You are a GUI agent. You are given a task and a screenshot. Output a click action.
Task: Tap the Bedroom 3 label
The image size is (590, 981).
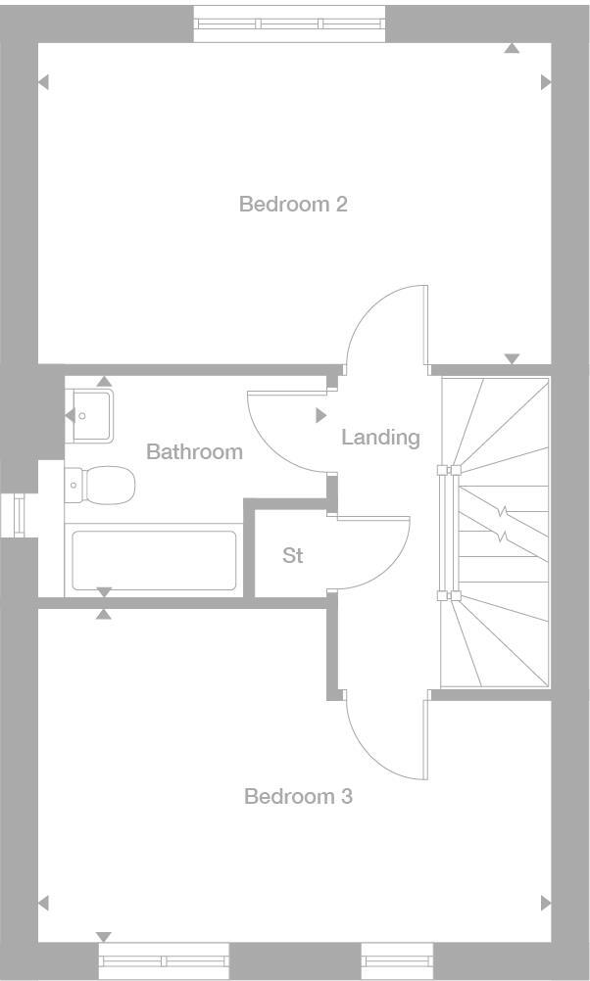[x=298, y=797]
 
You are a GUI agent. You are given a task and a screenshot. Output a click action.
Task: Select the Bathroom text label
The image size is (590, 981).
[x=194, y=452]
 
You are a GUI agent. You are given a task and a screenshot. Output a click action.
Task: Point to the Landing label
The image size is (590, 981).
[x=380, y=438]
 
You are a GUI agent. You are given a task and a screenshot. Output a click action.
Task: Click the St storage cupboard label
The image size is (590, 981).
[x=292, y=556]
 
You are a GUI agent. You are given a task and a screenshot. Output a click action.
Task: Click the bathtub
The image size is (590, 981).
[x=153, y=561]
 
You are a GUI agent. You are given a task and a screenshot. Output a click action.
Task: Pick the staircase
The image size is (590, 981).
[x=497, y=532]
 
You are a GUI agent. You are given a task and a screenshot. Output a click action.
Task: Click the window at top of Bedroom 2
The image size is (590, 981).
[x=290, y=23]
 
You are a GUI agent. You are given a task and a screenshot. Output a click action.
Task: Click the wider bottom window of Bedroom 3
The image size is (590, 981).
[x=164, y=961]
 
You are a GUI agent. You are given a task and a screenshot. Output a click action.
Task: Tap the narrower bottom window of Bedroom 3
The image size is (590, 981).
[x=397, y=961]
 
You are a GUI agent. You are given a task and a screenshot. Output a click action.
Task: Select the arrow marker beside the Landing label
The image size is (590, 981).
[x=320, y=416]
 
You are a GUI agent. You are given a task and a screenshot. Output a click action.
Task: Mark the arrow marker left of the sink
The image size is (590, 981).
[x=70, y=416]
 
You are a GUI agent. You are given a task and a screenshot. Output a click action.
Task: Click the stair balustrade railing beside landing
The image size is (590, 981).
[x=448, y=532]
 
